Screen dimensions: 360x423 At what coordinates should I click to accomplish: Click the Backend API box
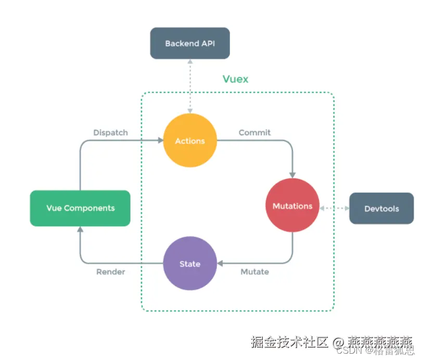pyautogui.click(x=190, y=43)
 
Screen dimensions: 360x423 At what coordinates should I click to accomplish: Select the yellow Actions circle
pyautogui.click(x=190, y=141)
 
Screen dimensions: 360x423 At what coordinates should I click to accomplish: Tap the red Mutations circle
pyautogui.click(x=292, y=206)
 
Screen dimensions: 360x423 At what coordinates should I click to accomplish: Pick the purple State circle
pyautogui.click(x=190, y=264)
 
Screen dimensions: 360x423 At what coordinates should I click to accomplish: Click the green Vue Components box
pyautogui.click(x=80, y=208)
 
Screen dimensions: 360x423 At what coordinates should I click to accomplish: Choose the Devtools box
pyautogui.click(x=381, y=209)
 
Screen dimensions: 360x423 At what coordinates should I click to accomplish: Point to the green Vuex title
pyautogui.click(x=236, y=79)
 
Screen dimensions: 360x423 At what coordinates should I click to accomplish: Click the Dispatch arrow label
pyautogui.click(x=110, y=133)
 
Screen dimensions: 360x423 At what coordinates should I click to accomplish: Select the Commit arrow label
pyautogui.click(x=254, y=133)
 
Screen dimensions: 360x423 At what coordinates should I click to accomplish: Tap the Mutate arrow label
pyautogui.click(x=254, y=272)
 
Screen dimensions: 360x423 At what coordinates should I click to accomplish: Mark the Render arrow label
pyautogui.click(x=110, y=272)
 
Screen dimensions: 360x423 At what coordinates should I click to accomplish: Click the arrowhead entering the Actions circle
pyautogui.click(x=160, y=140)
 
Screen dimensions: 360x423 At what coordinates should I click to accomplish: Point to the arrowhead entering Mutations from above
pyautogui.click(x=292, y=175)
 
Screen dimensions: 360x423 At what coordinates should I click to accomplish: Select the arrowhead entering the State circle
pyautogui.click(x=220, y=263)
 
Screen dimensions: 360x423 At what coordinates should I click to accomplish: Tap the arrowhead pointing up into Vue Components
pyautogui.click(x=80, y=230)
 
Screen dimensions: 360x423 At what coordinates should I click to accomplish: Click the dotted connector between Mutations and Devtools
pyautogui.click(x=334, y=208)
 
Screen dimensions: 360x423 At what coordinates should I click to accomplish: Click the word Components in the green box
pyautogui.click(x=89, y=208)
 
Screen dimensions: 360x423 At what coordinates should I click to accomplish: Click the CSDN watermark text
pyautogui.click(x=347, y=351)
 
